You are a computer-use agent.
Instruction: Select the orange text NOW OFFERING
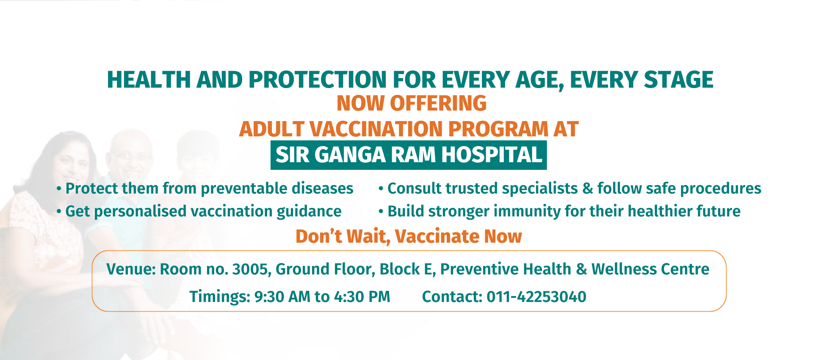coord(412,103)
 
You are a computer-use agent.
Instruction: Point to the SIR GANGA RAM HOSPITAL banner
coord(409,155)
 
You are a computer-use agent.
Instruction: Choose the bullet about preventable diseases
coord(205,188)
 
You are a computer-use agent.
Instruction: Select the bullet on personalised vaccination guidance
coord(199,211)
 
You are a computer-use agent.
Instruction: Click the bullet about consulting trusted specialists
coord(570,188)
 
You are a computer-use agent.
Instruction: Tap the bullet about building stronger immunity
coord(559,211)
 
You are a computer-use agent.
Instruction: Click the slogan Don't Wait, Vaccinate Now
coord(409,236)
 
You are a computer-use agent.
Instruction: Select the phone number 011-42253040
coord(536,297)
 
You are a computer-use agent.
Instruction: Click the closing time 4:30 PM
coord(362,297)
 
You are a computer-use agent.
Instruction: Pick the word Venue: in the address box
coord(131,269)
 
